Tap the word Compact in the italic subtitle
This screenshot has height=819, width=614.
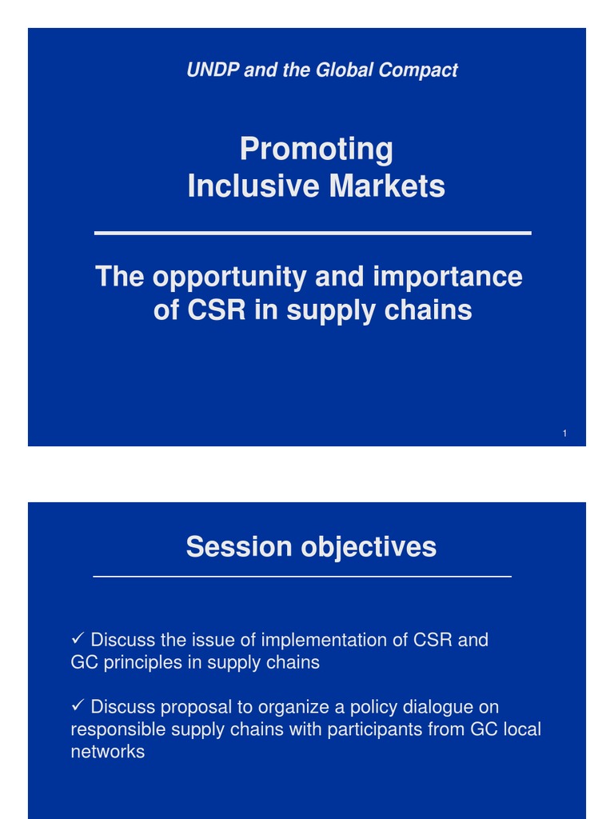[419, 70]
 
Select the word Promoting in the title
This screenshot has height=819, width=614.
[317, 150]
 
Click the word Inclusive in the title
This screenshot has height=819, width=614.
[243, 187]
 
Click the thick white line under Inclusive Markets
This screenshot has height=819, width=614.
[313, 233]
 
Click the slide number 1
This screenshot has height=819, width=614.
[564, 433]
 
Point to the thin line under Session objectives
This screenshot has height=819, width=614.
[302, 576]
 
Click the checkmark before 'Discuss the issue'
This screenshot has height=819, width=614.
[78, 640]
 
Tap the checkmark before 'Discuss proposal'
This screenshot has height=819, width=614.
[78, 707]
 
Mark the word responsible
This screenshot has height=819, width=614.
[118, 730]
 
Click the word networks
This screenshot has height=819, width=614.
[108, 753]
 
